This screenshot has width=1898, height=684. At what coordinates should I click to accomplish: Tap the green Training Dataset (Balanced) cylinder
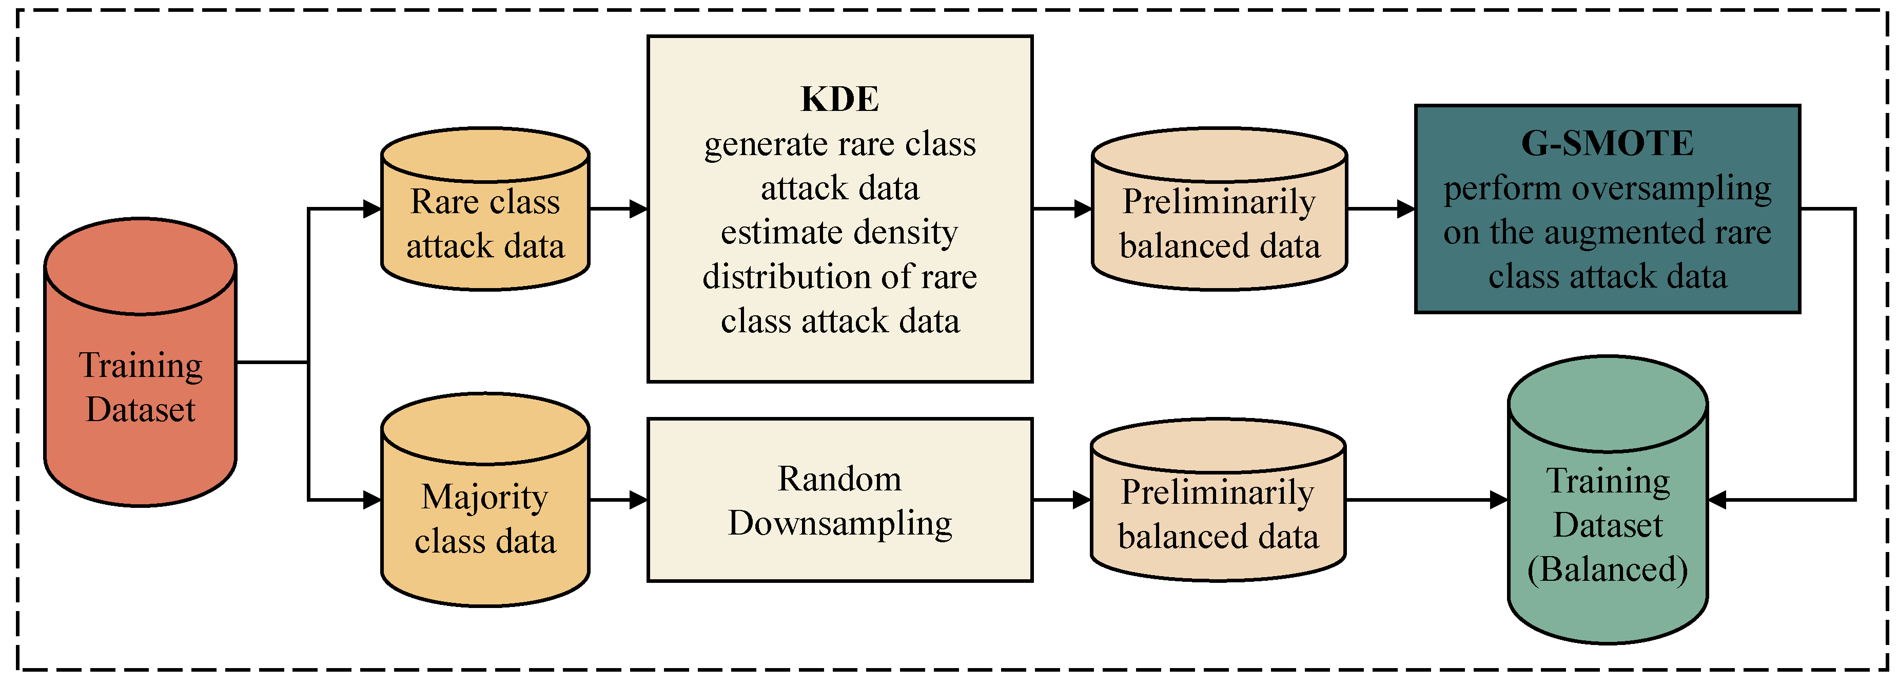(1607, 516)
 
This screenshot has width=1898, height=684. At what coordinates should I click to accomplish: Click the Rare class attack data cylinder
(485, 221)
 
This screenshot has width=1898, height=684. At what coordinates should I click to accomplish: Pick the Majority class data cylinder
(485, 516)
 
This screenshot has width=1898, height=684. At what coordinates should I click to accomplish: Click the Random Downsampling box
(839, 500)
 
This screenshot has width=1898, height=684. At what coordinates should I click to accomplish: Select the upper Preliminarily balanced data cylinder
(1219, 221)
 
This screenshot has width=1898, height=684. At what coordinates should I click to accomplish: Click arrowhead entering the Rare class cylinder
(372, 208)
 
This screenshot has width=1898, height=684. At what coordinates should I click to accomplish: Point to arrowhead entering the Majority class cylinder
(372, 500)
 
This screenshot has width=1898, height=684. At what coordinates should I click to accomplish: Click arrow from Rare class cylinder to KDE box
(619, 208)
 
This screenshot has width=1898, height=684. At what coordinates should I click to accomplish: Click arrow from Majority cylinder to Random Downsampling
(619, 500)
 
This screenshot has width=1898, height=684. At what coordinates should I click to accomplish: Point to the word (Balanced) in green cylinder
(1607, 569)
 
